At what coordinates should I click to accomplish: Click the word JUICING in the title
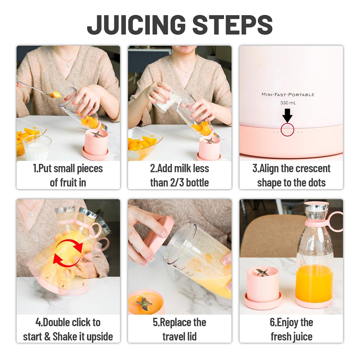[x=136, y=25]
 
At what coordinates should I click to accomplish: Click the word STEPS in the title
[x=232, y=25]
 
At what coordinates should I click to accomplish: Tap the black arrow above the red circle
[x=287, y=116]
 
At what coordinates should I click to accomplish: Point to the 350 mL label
[x=288, y=103]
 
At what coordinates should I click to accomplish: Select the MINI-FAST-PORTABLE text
[x=288, y=95]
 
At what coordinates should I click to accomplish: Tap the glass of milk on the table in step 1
[x=37, y=148]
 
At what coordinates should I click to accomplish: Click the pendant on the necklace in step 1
[x=68, y=64]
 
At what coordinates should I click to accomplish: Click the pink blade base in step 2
[x=209, y=149]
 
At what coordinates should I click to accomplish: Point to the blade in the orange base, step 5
[x=144, y=303]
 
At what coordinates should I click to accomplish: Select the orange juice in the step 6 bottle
[x=314, y=284]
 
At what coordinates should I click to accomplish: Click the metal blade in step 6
[x=262, y=272]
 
